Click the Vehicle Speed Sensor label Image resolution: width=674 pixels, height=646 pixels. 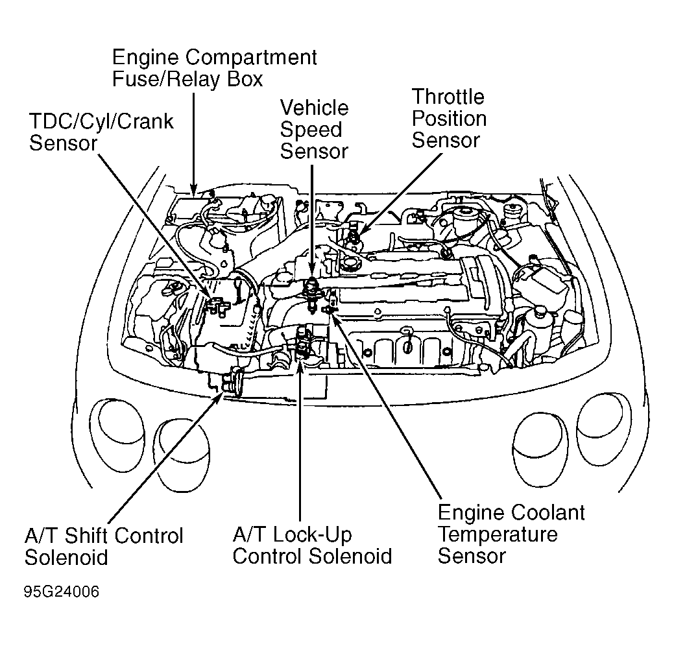pyautogui.click(x=314, y=130)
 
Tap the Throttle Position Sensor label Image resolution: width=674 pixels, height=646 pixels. pyautogui.click(x=449, y=119)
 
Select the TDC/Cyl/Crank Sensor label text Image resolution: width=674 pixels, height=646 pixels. pyautogui.click(x=101, y=132)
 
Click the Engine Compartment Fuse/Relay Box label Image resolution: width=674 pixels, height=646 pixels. pyautogui.click(x=214, y=68)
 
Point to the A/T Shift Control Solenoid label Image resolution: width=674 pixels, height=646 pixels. pyautogui.click(x=104, y=546)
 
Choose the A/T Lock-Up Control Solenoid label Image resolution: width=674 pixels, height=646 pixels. pyautogui.click(x=312, y=545)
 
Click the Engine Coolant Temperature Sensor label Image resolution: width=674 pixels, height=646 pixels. pyautogui.click(x=511, y=534)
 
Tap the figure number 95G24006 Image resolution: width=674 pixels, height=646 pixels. pyautogui.click(x=62, y=593)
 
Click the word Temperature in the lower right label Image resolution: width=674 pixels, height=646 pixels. pyautogui.click(x=498, y=534)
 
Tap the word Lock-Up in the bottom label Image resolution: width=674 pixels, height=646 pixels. pyautogui.click(x=313, y=535)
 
